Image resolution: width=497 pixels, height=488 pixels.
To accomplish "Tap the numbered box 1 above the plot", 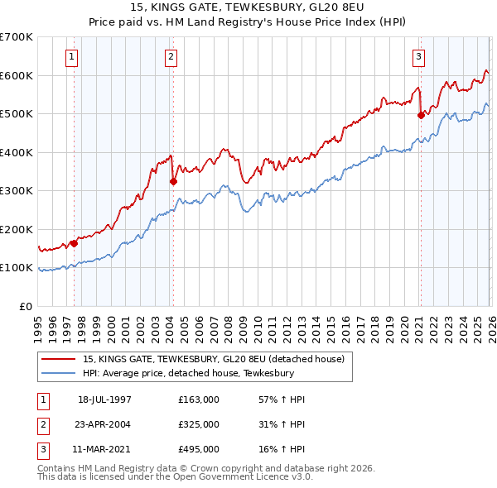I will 72,57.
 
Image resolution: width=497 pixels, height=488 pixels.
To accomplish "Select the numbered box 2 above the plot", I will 171,57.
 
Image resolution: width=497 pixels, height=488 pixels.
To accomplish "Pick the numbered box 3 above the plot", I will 418,57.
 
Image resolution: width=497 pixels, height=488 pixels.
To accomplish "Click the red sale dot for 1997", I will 75,243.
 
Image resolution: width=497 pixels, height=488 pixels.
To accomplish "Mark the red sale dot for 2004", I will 173,181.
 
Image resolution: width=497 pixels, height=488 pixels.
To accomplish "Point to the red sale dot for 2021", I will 421,116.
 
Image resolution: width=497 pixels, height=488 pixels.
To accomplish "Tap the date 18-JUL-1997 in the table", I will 104,399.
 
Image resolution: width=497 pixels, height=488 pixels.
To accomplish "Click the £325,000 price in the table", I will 199,424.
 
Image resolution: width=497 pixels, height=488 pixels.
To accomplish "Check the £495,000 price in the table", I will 199,449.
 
